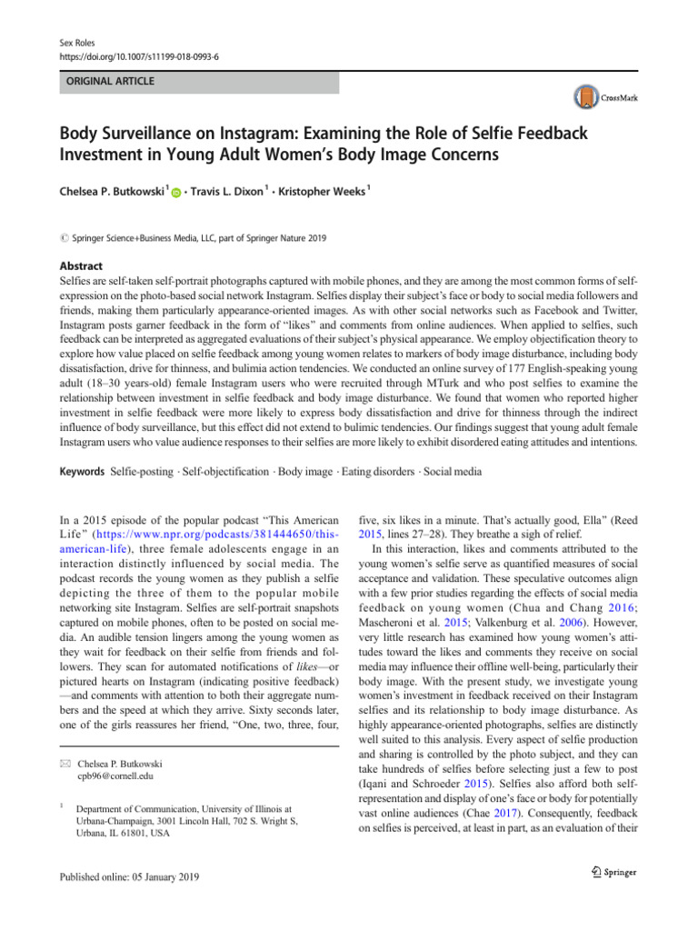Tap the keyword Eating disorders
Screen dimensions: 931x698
(x=380, y=472)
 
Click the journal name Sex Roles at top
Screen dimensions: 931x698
(x=69, y=43)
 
